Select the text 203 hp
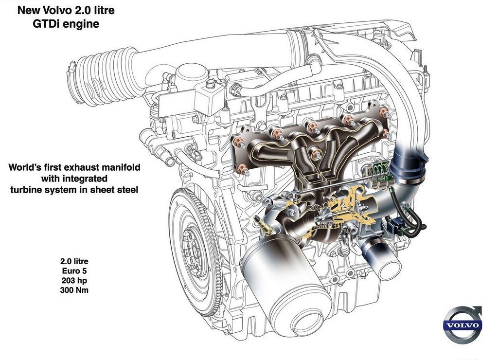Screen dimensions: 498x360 click(74, 281)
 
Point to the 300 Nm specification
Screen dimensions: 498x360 click(74, 290)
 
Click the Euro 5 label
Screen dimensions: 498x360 click(74, 271)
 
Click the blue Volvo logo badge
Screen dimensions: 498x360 click(462, 325)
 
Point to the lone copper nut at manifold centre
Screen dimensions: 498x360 click(316, 155)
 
